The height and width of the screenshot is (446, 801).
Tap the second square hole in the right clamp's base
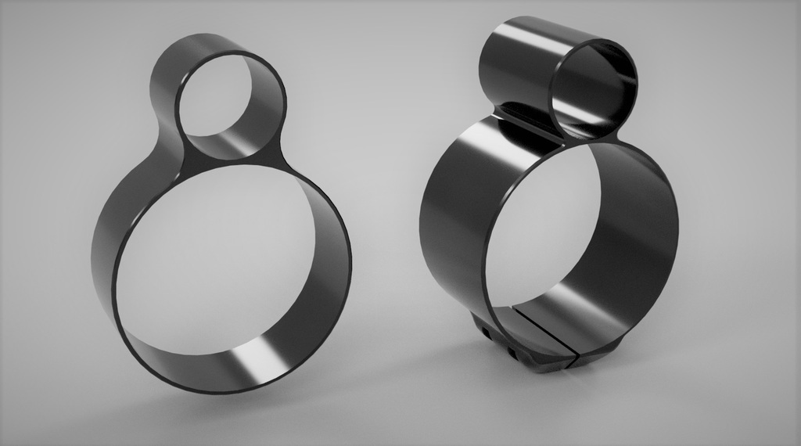[512, 353]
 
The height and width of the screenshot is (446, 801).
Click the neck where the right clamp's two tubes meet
[532, 125]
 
